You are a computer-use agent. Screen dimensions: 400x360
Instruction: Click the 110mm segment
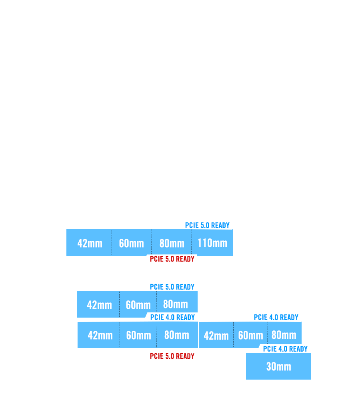pyautogui.click(x=212, y=243)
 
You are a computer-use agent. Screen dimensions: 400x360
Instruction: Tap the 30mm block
pyautogui.click(x=278, y=366)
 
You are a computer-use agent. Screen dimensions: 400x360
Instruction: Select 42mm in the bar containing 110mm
pyautogui.click(x=90, y=243)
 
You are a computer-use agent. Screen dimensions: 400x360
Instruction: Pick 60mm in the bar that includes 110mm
pyautogui.click(x=131, y=243)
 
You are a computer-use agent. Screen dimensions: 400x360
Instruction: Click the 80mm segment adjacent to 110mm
pyautogui.click(x=172, y=243)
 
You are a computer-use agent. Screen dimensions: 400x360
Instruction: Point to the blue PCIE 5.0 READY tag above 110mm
pyautogui.click(x=207, y=225)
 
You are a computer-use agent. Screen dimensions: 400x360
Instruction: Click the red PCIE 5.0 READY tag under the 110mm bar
pyautogui.click(x=172, y=259)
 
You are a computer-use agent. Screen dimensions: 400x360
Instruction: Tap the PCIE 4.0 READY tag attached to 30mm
pyautogui.click(x=285, y=349)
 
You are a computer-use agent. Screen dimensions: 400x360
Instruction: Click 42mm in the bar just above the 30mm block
pyautogui.click(x=216, y=335)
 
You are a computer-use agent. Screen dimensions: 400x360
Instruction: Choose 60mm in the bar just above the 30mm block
pyautogui.click(x=250, y=335)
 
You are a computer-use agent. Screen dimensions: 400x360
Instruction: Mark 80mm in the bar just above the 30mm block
pyautogui.click(x=284, y=335)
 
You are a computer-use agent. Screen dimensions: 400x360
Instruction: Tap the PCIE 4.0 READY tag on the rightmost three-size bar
pyautogui.click(x=276, y=317)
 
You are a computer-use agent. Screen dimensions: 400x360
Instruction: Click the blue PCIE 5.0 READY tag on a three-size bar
pyautogui.click(x=172, y=287)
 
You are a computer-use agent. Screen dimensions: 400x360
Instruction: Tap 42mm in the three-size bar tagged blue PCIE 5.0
pyautogui.click(x=99, y=305)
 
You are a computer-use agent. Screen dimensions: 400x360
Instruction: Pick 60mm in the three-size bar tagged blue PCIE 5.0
pyautogui.click(x=138, y=305)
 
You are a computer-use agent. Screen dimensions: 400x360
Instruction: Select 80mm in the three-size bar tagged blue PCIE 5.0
pyautogui.click(x=175, y=304)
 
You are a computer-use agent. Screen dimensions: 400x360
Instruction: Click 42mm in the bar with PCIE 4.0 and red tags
pyautogui.click(x=100, y=335)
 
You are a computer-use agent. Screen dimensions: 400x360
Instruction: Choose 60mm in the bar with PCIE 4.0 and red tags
pyautogui.click(x=138, y=335)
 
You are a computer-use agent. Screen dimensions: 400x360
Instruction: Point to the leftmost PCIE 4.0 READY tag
pyautogui.click(x=172, y=317)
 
